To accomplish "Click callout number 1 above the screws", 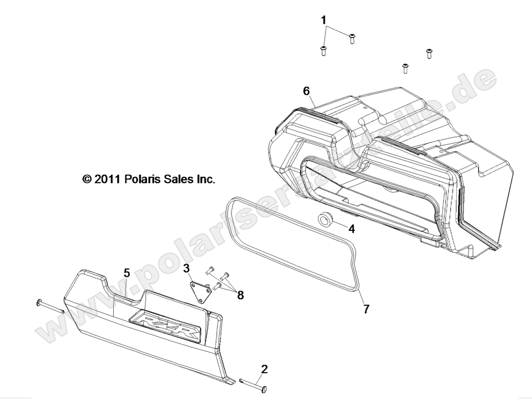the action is point(324,20).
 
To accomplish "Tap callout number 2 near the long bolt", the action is point(264,369).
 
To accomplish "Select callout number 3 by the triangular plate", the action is point(187,268).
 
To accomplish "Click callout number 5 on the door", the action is point(127,273).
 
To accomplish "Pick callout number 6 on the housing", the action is point(306,91).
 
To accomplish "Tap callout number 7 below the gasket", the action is point(367,309).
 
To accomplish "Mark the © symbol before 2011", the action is point(87,180).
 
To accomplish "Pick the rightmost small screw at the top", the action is point(429,53).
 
